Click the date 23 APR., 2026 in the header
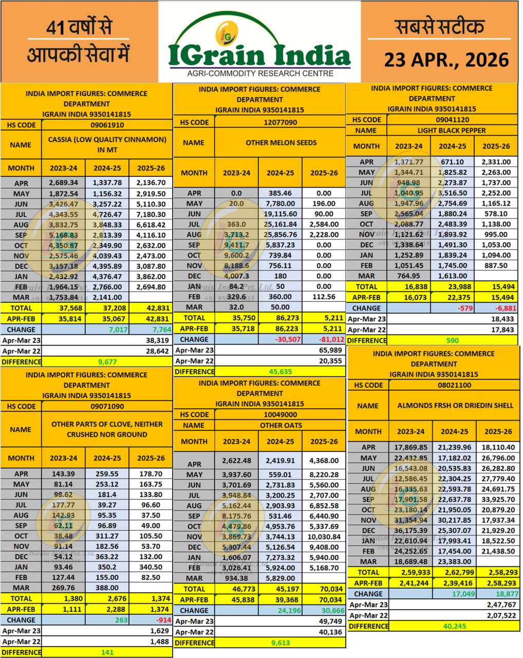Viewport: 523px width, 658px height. coord(446,60)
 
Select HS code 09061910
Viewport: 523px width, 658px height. coord(107,125)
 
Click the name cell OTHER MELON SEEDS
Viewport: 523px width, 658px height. coord(281,142)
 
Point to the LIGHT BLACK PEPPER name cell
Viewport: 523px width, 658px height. coord(452,131)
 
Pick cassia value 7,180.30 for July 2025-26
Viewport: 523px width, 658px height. coord(151,214)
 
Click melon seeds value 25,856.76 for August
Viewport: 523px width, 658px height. coord(280,234)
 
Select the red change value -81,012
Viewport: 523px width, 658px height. coord(324,339)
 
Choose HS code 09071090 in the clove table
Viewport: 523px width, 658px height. coord(107,406)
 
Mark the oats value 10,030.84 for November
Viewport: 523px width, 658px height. coord(324,537)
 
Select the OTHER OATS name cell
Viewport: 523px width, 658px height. coord(281,426)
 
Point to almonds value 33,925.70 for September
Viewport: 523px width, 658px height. coord(497,499)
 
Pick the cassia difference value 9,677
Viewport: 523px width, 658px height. coord(107,362)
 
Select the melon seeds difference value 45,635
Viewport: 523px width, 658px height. coord(281,372)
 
